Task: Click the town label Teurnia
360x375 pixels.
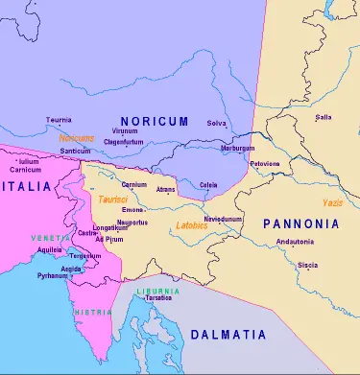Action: point(59,121)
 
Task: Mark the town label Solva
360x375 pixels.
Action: point(217,123)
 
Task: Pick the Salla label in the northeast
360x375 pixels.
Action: point(324,117)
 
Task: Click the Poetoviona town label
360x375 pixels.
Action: point(265,164)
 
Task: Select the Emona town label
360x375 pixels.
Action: point(132,209)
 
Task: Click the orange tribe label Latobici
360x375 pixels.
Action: point(192,225)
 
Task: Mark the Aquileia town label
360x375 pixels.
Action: point(51,248)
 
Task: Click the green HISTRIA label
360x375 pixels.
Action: point(88,312)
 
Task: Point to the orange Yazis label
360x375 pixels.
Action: point(333,204)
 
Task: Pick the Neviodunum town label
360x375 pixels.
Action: point(223,219)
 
